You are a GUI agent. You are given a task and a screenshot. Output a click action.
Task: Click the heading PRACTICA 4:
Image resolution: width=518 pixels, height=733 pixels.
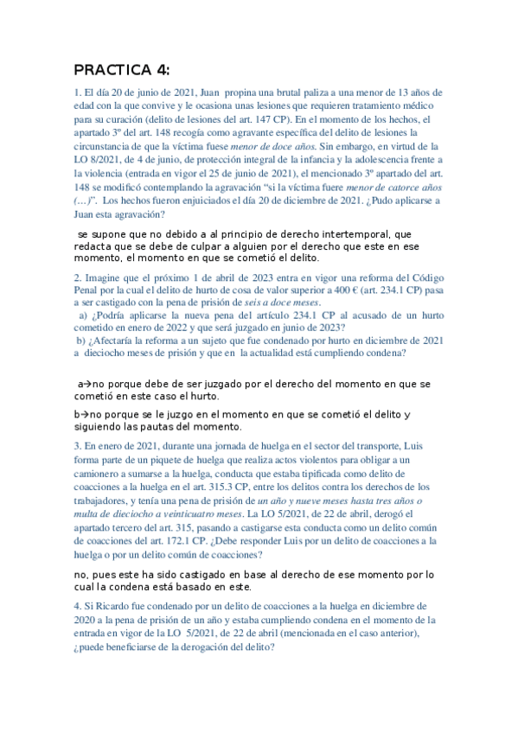coord(122,69)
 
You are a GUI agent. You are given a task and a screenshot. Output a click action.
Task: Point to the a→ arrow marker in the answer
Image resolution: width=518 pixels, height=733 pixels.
coord(83,382)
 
